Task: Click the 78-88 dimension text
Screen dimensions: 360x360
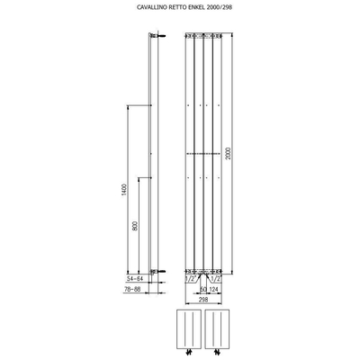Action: (132, 292)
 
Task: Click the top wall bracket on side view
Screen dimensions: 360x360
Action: (156, 36)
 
